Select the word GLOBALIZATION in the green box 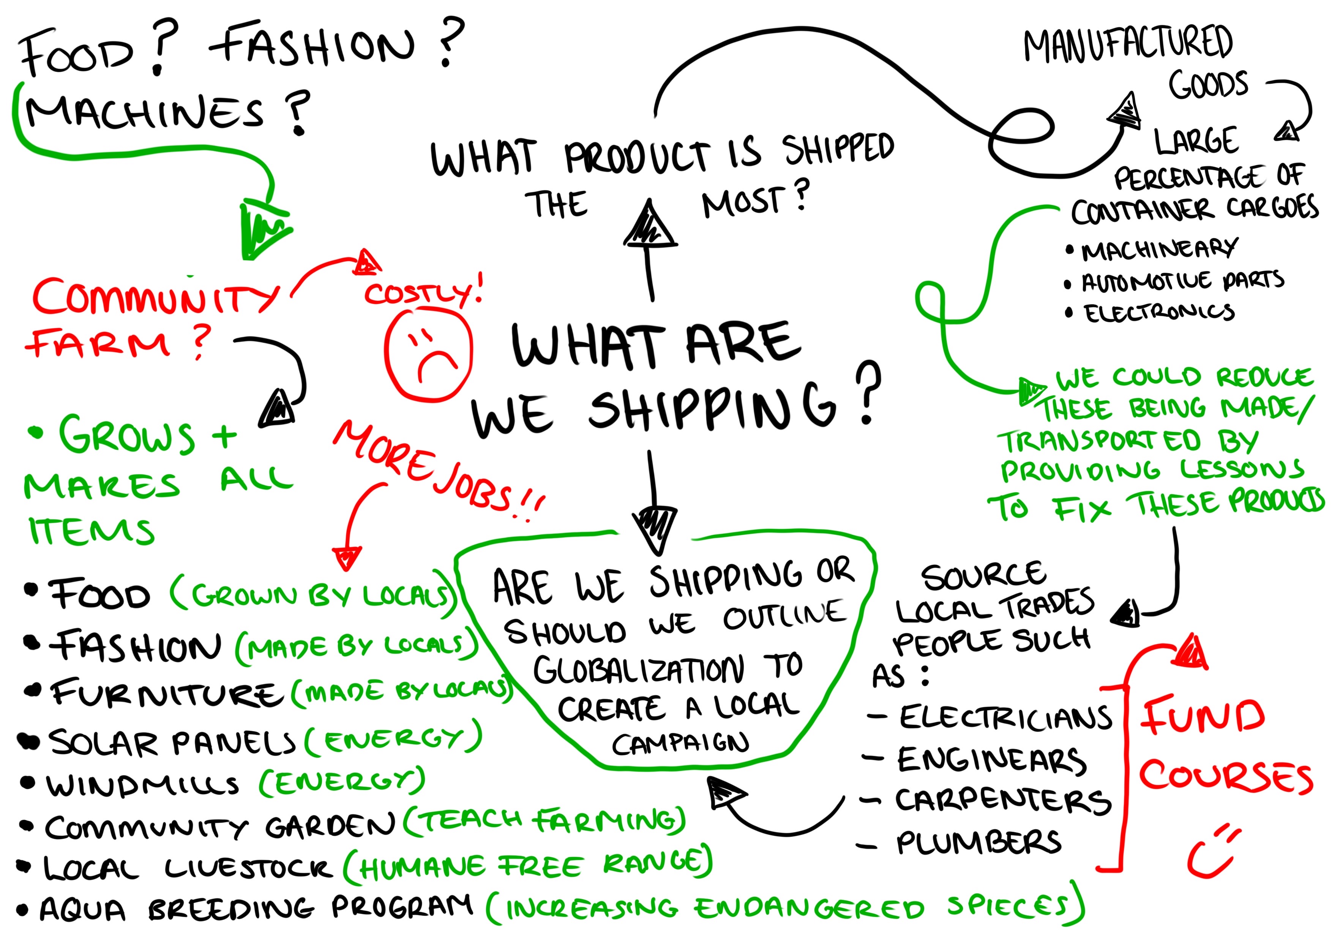[639, 670]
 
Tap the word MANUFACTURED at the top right [1128, 44]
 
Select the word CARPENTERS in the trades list [1003, 801]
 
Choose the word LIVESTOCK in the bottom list [249, 868]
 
